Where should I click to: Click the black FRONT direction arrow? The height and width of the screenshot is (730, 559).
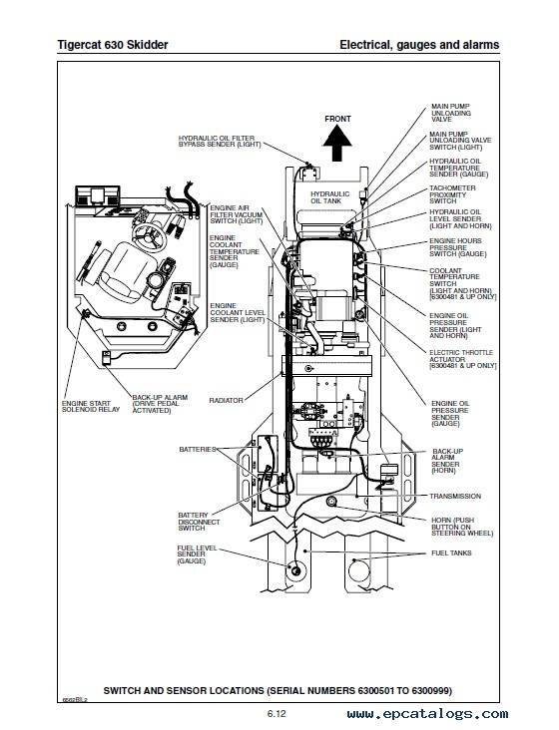pos(337,145)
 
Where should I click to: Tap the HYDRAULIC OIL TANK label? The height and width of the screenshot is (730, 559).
pos(329,197)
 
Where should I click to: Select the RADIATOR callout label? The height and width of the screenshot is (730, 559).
pos(226,400)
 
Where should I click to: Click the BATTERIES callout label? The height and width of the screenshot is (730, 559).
pos(198,449)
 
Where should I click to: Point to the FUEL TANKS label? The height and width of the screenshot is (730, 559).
pos(451,553)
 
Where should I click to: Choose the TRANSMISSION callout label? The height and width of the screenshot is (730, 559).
pos(455,497)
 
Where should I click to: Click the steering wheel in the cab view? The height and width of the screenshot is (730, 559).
pos(149,234)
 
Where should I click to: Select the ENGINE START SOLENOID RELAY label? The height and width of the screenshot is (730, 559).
pos(91,407)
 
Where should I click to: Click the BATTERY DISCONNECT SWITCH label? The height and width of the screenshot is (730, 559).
pos(199,522)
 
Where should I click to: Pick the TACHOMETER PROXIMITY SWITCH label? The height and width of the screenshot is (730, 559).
pos(452,194)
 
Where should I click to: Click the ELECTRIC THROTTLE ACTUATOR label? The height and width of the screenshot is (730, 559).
pos(462,359)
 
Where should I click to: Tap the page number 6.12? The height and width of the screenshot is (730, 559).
pos(277,714)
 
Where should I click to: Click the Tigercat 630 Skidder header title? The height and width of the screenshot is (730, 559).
pos(112,45)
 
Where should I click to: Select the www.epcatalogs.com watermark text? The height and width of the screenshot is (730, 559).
pos(427,714)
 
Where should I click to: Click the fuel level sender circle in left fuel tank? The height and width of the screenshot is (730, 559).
pos(295,568)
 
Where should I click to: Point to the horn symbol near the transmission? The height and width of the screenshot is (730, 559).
pos(331,502)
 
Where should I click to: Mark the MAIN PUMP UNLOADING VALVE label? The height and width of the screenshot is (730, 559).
pos(451,113)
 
